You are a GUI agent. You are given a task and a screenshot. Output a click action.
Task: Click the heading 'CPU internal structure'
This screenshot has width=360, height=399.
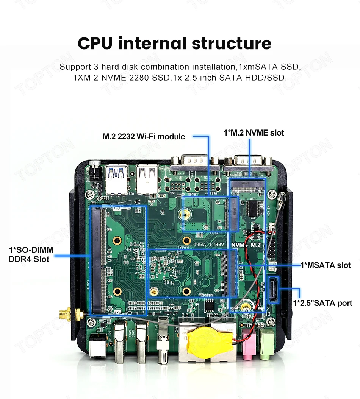point(175,44)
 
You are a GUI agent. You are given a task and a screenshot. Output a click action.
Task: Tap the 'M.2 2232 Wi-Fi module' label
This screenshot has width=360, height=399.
point(144,136)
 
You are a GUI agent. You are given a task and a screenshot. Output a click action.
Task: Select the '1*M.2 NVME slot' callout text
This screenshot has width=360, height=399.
point(254,132)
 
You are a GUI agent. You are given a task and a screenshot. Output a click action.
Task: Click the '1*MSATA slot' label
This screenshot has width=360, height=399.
point(325,265)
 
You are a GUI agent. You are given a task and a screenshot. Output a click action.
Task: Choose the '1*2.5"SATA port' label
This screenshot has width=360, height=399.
point(322,303)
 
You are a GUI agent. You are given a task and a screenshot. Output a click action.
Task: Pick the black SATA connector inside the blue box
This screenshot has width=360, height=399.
point(273,290)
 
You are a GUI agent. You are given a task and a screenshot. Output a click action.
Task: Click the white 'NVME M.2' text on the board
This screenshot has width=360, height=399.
point(246,245)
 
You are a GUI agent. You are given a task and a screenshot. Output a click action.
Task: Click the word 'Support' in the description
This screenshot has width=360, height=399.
point(75,67)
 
